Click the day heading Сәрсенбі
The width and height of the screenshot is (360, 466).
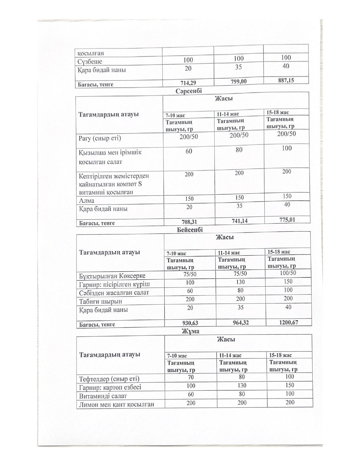(189, 91)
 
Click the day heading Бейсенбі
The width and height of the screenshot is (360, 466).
(190, 230)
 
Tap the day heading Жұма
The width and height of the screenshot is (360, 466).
(190, 331)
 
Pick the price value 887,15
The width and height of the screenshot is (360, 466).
(286, 80)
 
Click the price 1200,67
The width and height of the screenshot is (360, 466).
(289, 322)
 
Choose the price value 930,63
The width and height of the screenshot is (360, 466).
(190, 323)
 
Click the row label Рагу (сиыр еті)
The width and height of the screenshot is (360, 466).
(100, 138)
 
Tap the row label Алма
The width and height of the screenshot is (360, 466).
(87, 201)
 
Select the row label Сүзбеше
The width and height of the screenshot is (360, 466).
(90, 61)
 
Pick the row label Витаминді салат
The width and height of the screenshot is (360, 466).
(103, 396)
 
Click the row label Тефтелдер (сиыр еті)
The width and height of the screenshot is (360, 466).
(109, 379)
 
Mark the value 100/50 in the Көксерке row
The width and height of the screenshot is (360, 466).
(288, 273)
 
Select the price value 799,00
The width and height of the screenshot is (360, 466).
(239, 82)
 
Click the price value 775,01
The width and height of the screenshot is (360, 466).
(287, 220)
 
